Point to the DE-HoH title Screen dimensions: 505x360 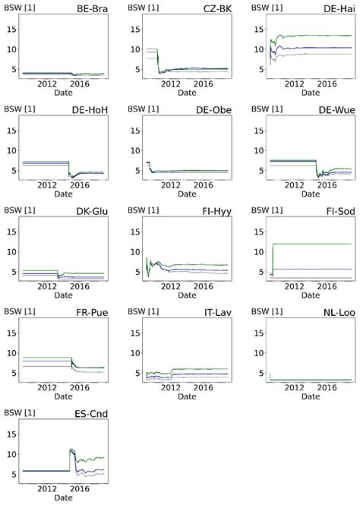pyautogui.click(x=91, y=110)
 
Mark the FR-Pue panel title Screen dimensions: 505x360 pyautogui.click(x=93, y=312)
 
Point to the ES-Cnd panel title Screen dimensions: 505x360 pyautogui.click(x=93, y=413)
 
